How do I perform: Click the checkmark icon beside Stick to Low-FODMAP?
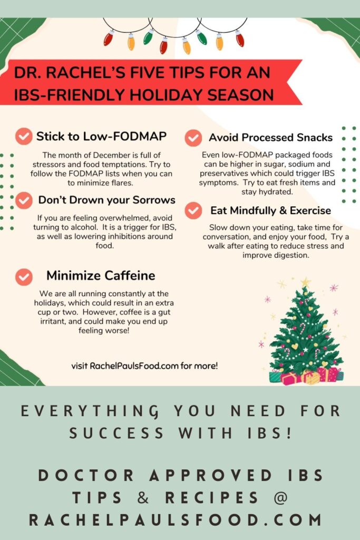(24, 137)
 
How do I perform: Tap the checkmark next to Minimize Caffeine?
(24, 277)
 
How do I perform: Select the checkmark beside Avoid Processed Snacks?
(193, 138)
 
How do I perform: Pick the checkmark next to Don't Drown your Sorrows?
(24, 200)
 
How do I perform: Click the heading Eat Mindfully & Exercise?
(270, 210)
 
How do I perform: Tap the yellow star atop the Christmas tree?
(305, 283)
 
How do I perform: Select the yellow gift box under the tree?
(312, 378)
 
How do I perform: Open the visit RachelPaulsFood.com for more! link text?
(144, 366)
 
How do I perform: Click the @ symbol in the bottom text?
(280, 498)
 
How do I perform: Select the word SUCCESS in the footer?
(116, 433)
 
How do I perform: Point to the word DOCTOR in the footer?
(85, 476)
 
